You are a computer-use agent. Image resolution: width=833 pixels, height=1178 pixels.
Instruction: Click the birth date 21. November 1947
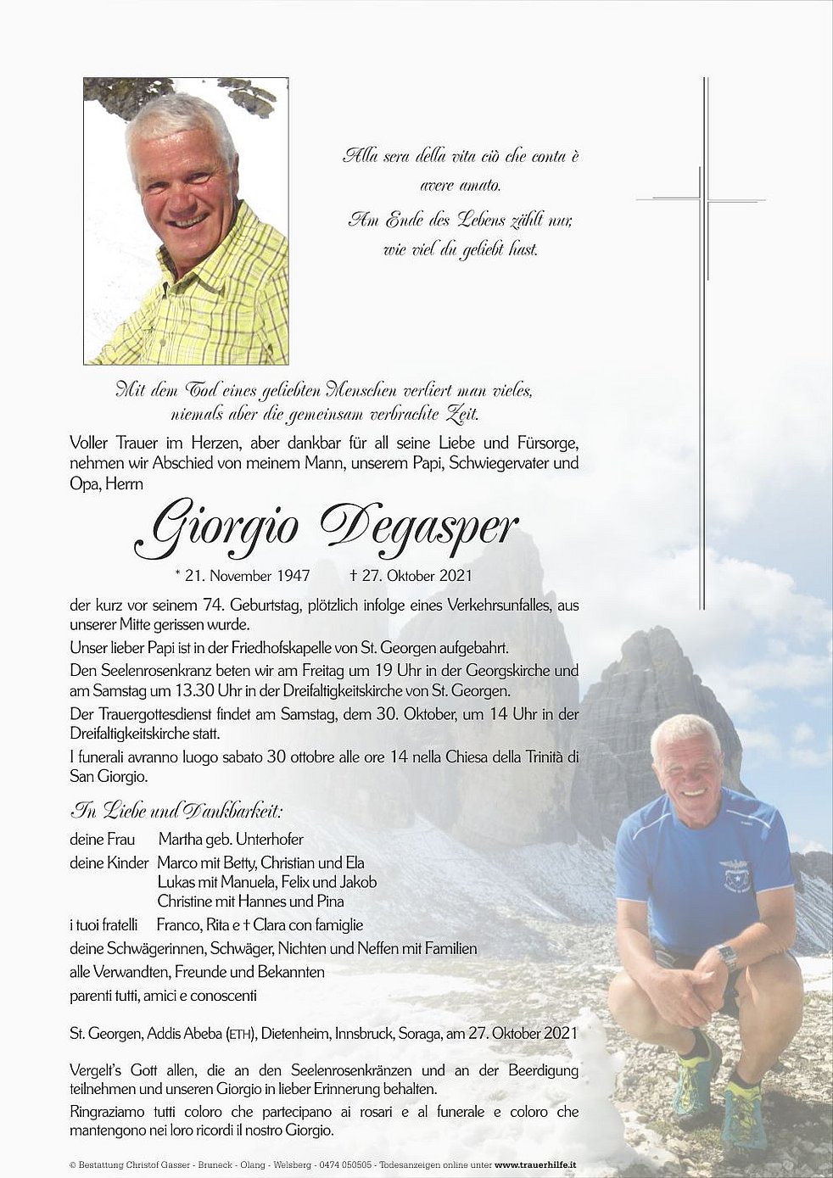click(x=242, y=576)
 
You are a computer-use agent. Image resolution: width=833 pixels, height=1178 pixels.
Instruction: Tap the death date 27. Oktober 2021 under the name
click(x=411, y=576)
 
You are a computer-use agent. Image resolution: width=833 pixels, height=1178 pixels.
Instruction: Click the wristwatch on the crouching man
click(x=726, y=957)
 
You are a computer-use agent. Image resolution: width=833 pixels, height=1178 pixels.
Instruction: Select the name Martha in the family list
click(x=178, y=840)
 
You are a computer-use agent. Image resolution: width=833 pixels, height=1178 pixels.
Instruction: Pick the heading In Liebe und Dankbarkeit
click(x=176, y=810)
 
